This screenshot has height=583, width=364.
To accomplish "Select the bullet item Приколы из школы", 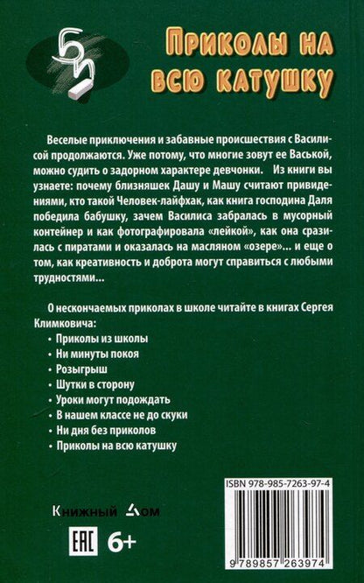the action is coord(90,338).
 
